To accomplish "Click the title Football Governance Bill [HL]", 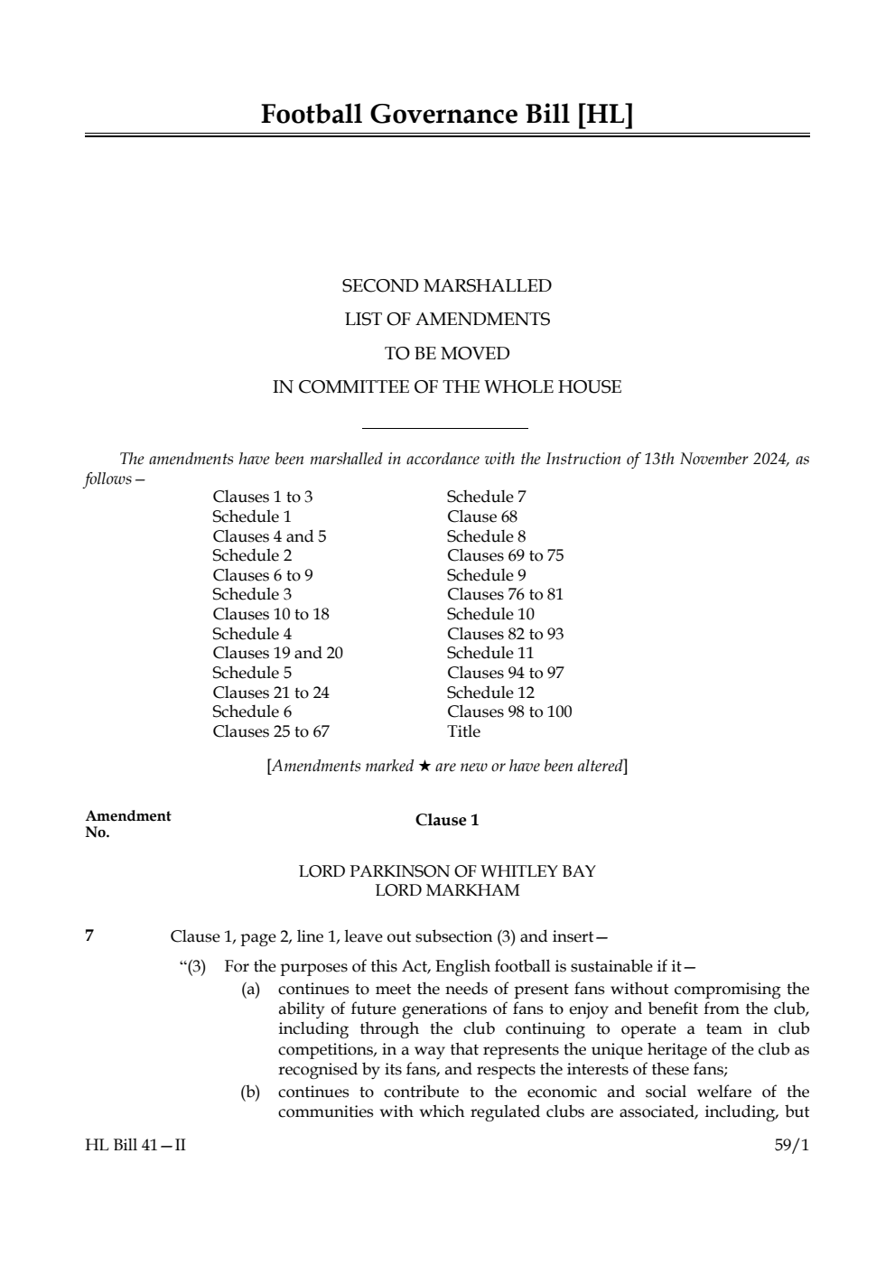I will [x=447, y=115].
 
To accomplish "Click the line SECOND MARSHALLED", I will [x=446, y=286].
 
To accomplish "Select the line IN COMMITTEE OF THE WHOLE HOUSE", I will [x=446, y=387].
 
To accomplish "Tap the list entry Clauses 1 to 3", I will [x=262, y=497].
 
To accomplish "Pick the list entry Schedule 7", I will [x=486, y=497].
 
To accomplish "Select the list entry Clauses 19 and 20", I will [x=277, y=653].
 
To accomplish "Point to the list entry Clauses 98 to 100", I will [x=508, y=712].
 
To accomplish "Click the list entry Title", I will [x=463, y=731].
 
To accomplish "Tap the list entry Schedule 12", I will [x=490, y=693].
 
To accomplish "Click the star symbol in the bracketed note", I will [x=424, y=767].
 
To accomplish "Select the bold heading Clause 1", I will [x=447, y=820].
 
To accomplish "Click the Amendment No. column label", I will [x=127, y=823].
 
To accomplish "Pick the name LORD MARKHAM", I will [x=447, y=890].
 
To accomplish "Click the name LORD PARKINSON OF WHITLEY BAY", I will [x=447, y=871].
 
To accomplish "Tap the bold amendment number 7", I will [x=89, y=935].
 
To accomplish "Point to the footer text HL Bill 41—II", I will [x=135, y=1146].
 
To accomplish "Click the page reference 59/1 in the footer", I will [x=791, y=1146].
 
